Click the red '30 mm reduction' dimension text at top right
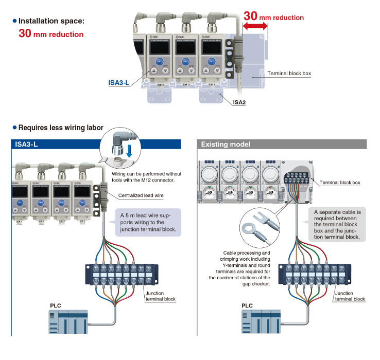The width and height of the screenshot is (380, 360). tap(274, 16)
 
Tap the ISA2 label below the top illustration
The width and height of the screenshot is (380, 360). tap(239, 102)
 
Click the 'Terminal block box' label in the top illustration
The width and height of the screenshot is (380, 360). tap(289, 74)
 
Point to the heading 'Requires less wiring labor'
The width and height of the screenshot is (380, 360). tap(60, 128)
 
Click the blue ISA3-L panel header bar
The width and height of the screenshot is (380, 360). tap(96, 145)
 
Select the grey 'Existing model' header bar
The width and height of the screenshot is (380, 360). tap(282, 145)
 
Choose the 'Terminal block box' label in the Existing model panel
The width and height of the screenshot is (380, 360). tap(340, 183)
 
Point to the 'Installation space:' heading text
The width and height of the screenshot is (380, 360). tap(51, 21)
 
